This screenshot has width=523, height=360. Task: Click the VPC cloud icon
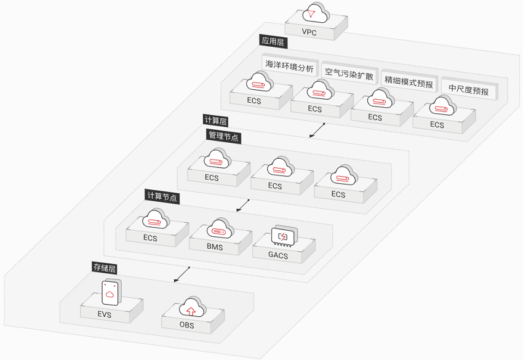coord(316,13)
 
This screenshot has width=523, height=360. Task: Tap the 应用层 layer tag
coord(273,41)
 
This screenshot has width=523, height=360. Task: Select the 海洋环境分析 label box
coord(290,66)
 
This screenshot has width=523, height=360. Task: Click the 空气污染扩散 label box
coord(349,74)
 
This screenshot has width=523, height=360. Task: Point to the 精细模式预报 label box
coord(409,82)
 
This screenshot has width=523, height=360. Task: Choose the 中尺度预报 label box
coord(469,89)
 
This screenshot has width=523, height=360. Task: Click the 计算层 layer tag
coord(216,121)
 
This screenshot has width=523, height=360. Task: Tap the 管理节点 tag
coord(223,136)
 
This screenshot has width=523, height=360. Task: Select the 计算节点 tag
coord(162,197)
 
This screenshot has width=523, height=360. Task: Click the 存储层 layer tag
coord(105,268)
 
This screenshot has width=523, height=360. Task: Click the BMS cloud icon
coord(220,228)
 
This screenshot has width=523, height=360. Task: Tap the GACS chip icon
coord(284,236)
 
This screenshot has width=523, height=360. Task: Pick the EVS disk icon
coord(111,292)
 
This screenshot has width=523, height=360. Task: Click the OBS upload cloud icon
coord(192,306)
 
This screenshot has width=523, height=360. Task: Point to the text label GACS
coord(278,255)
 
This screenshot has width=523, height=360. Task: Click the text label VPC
coord(309,33)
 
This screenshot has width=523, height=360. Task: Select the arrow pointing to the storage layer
coord(182,274)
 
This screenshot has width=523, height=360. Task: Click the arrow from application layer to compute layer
coord(317,130)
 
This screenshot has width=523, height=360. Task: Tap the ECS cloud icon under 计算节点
coord(156,219)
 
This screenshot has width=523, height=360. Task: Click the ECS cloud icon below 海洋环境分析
coord(260,82)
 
